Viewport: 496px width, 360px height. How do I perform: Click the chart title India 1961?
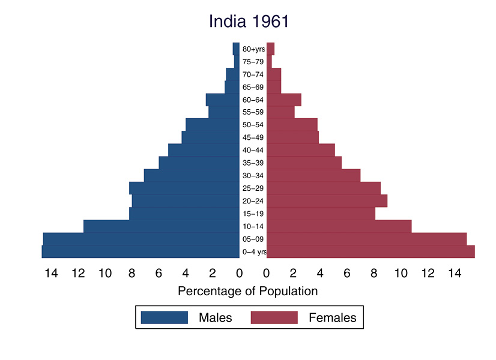coord(249,22)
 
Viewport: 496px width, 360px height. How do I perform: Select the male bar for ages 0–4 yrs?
coord(141,252)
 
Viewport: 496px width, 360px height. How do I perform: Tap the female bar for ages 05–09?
coord(366,239)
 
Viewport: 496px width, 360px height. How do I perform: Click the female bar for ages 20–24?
coord(327,201)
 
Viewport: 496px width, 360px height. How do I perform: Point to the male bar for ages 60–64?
coord(223,100)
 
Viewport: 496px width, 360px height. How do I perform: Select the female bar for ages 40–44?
coord(300,150)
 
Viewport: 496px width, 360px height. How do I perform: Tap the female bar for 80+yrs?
coord(270,49)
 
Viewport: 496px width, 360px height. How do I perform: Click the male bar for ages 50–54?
coord(213,125)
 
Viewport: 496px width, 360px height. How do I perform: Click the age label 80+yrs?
coord(253,49)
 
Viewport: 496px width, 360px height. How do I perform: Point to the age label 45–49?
coord(253,137)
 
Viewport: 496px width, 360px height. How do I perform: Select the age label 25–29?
coord(253,188)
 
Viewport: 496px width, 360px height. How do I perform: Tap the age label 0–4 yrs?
coord(254,252)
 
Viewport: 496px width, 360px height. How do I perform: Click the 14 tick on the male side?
coord(51,274)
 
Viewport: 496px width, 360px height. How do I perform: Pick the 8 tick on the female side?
coord(374,274)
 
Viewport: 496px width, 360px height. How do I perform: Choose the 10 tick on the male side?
coord(105,274)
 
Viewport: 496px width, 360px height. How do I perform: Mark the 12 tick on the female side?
coord(428,274)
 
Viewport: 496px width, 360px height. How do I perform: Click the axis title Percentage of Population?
coord(248,292)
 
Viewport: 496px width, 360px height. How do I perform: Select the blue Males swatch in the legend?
coord(165,317)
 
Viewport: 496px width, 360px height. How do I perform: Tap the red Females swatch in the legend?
coord(274,317)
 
